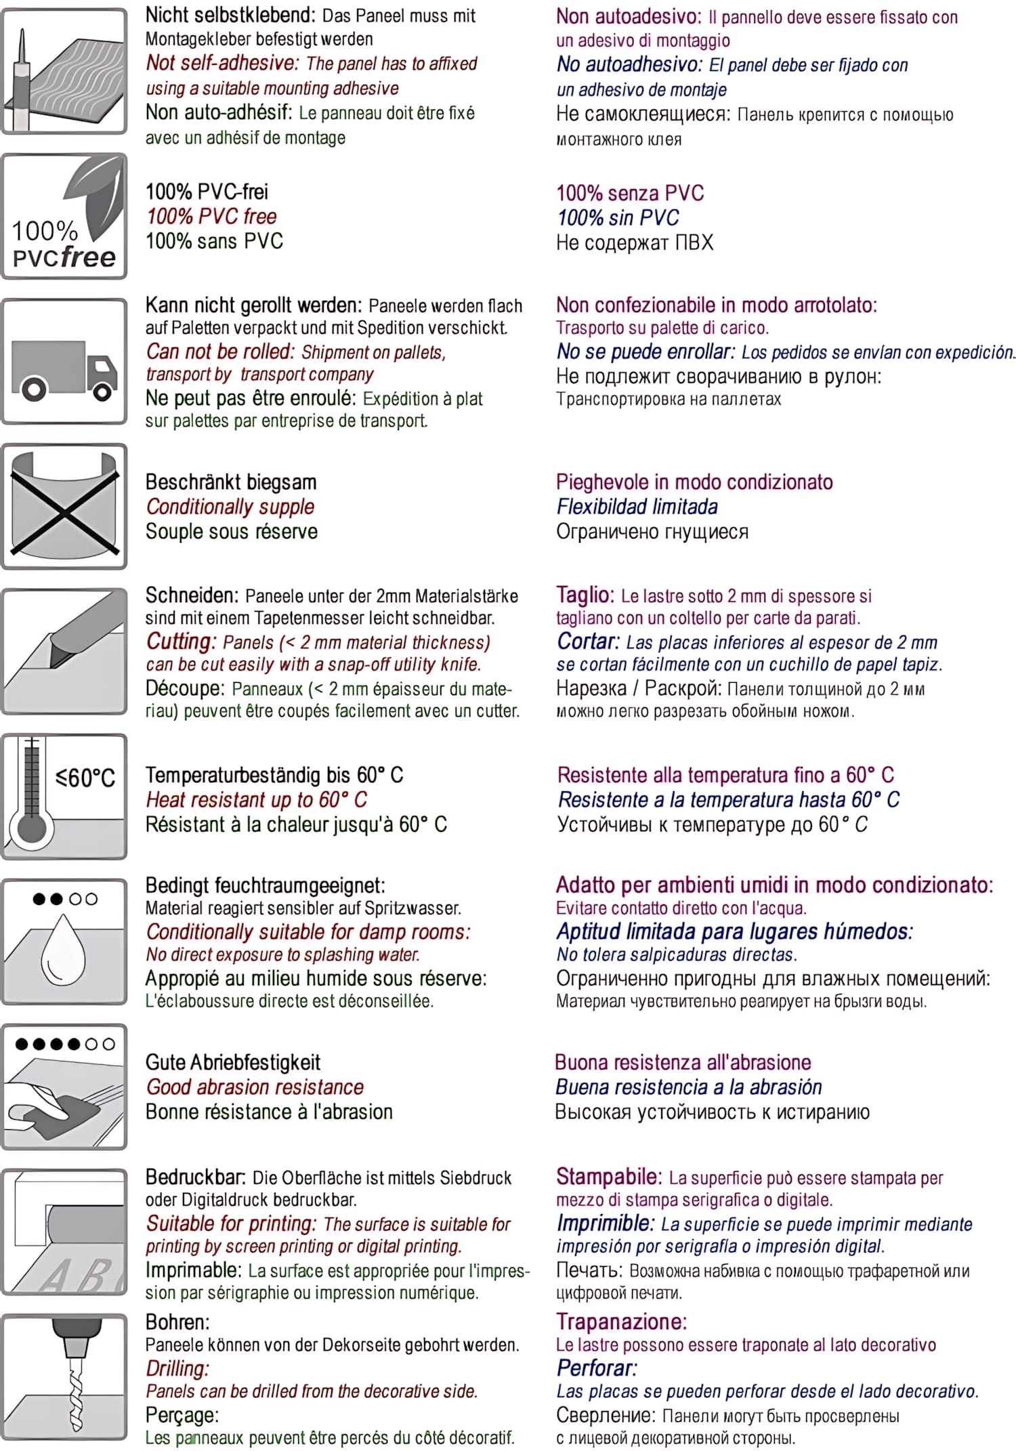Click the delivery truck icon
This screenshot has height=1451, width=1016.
tap(64, 368)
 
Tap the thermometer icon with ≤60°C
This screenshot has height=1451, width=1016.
tap(64, 797)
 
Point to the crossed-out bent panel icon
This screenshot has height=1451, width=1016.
tap(64, 507)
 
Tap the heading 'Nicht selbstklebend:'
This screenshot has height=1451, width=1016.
tap(230, 15)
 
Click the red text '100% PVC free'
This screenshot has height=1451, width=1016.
tap(211, 217)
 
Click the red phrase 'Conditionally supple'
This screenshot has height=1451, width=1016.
tap(230, 507)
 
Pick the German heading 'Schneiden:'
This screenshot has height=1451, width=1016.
tap(192, 595)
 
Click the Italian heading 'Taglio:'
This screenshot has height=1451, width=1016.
tap(585, 595)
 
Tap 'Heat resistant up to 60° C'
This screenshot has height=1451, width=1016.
tap(256, 800)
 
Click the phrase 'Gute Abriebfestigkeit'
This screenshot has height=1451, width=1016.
tap(233, 1062)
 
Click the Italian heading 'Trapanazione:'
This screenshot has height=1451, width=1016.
tap(621, 1322)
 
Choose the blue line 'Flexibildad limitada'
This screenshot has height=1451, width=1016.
tap(637, 507)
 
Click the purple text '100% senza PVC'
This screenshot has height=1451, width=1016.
tap(630, 193)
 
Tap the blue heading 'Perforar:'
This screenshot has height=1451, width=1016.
tap(597, 1368)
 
